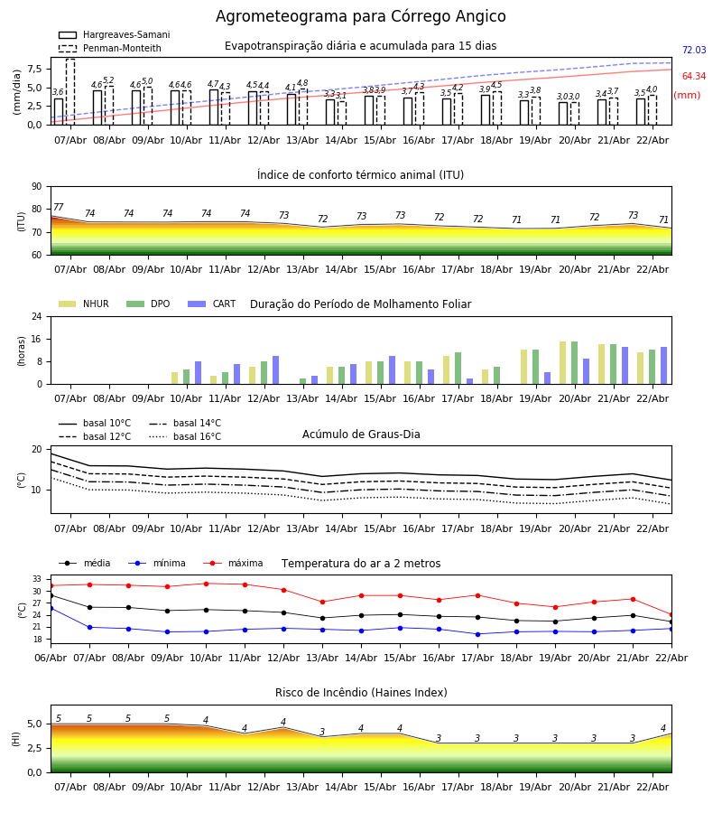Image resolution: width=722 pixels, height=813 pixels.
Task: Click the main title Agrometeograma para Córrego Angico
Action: coord(360,17)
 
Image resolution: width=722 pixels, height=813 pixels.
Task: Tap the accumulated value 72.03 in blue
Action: coord(693,51)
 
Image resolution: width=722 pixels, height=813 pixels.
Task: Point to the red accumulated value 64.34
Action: coord(693,77)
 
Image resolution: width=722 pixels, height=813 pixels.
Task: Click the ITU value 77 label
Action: coord(59,208)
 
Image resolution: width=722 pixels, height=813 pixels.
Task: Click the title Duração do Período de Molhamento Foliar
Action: coord(360,304)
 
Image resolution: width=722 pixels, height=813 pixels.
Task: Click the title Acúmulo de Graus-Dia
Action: coord(361,435)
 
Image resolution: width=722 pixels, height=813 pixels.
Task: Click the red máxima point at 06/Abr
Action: coord(51,585)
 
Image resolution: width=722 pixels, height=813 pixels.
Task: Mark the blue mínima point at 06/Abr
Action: coord(51,608)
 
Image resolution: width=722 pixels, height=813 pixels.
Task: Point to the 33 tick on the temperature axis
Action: coord(37,579)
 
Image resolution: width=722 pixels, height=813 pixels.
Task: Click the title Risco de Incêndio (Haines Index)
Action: coord(361,693)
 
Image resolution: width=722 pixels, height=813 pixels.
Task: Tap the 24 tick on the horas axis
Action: coord(36,317)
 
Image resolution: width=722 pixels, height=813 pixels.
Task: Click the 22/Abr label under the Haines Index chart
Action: coord(653,787)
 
